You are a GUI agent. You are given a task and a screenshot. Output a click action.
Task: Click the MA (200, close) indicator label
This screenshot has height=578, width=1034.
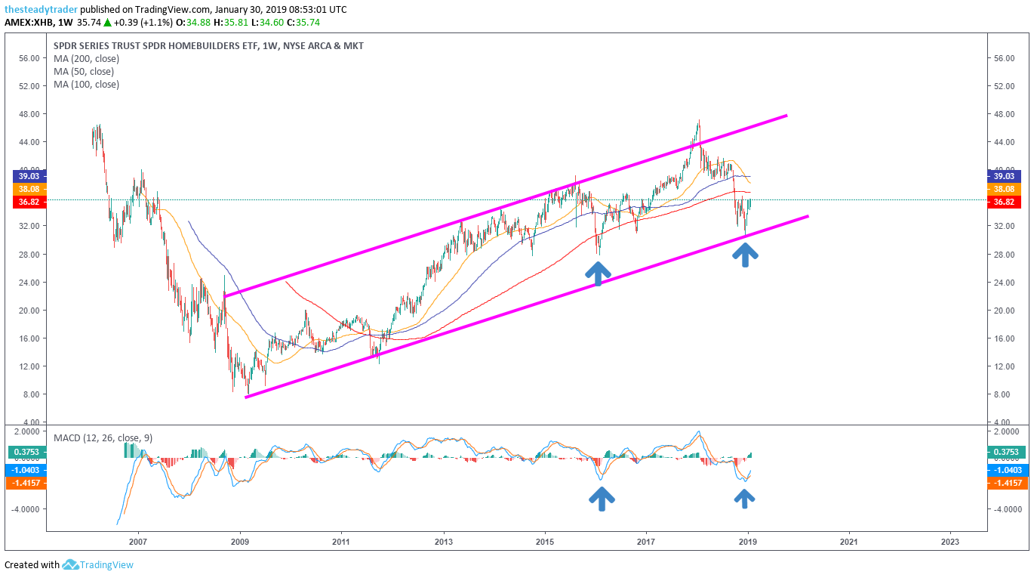click(x=87, y=59)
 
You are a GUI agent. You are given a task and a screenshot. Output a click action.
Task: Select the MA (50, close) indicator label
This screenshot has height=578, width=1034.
click(x=84, y=72)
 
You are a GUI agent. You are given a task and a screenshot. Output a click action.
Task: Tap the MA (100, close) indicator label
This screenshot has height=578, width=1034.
click(x=87, y=85)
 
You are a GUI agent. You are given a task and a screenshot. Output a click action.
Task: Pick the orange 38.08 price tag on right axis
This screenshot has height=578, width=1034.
click(x=1005, y=189)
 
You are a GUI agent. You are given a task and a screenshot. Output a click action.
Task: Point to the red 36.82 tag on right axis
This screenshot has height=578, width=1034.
click(x=1005, y=202)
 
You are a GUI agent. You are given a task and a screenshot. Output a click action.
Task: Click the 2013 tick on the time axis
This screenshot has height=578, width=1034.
click(x=444, y=542)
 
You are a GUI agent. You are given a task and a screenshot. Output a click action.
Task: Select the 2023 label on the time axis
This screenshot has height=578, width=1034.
click(x=950, y=542)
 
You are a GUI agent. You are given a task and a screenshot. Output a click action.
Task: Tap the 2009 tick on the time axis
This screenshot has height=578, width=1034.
click(x=240, y=542)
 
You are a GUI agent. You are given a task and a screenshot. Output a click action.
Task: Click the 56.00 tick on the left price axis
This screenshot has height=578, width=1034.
click(x=28, y=58)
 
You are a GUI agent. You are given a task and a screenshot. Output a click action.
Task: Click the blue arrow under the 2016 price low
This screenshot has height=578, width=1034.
click(x=598, y=274)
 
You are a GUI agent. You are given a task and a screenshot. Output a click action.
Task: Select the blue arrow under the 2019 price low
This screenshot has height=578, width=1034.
click(x=746, y=254)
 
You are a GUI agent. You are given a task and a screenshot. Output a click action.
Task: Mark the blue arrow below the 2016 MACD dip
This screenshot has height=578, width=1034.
click(x=602, y=499)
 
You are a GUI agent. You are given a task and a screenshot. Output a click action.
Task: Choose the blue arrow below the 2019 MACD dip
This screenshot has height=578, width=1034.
click(x=745, y=498)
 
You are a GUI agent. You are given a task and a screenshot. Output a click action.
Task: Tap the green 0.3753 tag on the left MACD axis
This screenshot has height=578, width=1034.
click(x=28, y=452)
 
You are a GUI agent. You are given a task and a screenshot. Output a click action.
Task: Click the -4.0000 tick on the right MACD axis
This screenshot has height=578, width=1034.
click(x=1005, y=509)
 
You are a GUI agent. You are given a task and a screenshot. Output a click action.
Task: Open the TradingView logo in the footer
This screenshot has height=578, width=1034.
click(x=98, y=564)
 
